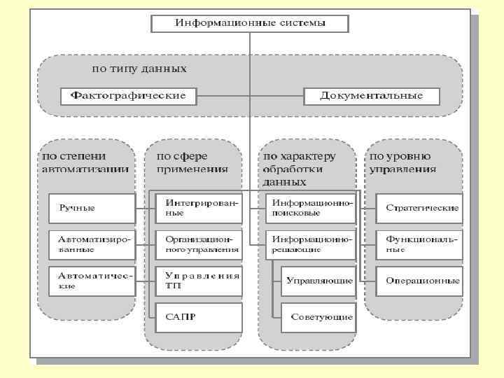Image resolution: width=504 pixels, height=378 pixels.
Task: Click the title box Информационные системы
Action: (250, 23)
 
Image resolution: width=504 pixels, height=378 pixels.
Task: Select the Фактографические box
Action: (128, 96)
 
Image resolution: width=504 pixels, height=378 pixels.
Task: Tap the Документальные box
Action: (372, 96)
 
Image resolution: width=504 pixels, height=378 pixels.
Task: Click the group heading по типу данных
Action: (139, 69)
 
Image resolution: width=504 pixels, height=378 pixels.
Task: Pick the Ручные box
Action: (92, 208)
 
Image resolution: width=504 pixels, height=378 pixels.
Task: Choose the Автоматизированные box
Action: (92, 244)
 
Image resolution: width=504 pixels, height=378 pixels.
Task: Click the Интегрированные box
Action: (199, 208)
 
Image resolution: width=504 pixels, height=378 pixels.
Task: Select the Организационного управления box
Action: (199, 244)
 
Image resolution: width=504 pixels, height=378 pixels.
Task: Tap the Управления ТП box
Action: (199, 281)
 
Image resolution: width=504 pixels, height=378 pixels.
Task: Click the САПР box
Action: (199, 317)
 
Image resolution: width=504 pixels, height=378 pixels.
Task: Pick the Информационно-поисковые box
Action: (311, 208)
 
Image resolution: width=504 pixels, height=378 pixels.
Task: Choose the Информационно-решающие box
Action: (311, 244)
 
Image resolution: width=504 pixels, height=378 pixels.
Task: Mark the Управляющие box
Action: (318, 281)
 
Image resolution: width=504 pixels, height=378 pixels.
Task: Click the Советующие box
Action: (318, 317)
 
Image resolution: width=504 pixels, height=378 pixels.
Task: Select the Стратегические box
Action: (419, 208)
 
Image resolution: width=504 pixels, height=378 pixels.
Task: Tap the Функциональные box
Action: (419, 244)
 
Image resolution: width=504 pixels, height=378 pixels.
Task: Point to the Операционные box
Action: (419, 281)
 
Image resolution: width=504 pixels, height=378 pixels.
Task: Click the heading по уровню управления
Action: (402, 162)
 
